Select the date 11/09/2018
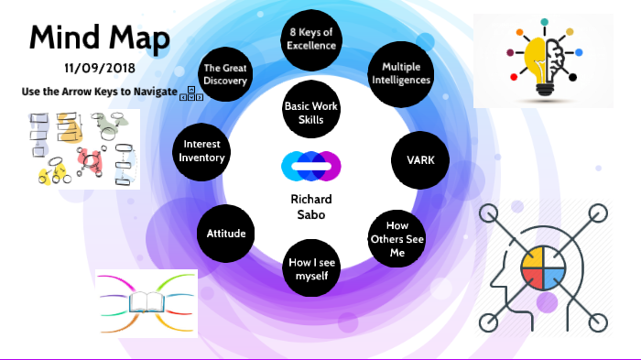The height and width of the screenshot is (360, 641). click(98, 69)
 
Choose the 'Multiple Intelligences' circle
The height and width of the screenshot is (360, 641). click(400, 72)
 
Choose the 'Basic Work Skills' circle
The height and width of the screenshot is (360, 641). click(310, 113)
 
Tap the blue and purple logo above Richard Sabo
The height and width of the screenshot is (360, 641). click(310, 166)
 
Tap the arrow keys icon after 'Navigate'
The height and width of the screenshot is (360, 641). click(194, 93)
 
